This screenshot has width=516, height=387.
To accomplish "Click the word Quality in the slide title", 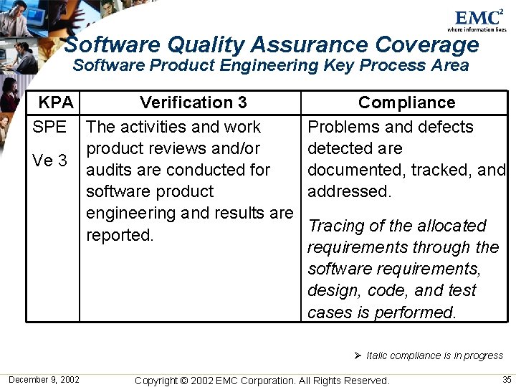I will pos(205,44).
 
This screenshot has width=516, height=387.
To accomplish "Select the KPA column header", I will pos(56,102).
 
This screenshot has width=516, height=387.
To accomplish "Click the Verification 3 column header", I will pos(193,102).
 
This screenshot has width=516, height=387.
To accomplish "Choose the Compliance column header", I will pos(406,102).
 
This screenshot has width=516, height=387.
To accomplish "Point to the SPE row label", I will pos(49,127).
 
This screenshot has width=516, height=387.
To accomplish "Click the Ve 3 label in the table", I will pos(49,161).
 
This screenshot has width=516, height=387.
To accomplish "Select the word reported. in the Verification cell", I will pos(120,235).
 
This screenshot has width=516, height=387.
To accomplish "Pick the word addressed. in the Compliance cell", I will pos(349,192).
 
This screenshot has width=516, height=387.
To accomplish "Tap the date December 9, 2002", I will pos(44,379).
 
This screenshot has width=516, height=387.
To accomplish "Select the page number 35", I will pos(507,379).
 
